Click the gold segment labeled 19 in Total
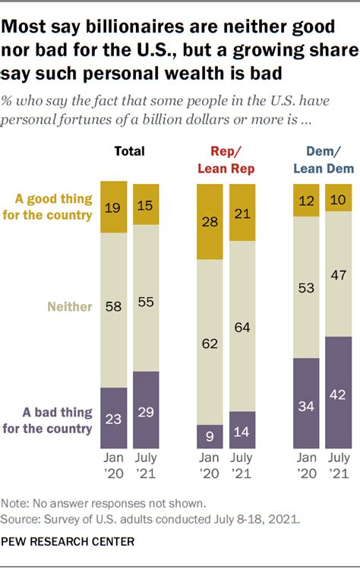113,206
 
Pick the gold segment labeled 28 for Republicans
210,221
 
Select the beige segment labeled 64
242,327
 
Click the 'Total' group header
129,151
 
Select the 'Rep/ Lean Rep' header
226,159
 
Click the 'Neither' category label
70,307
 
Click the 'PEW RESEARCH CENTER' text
68,541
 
